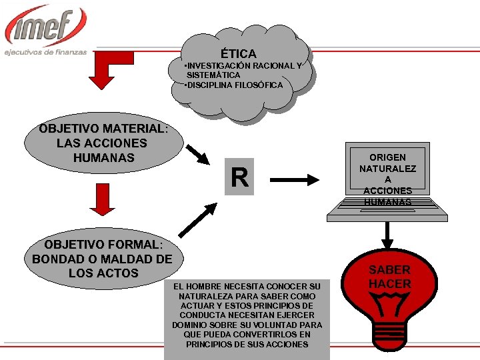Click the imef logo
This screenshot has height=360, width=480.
click(45, 26)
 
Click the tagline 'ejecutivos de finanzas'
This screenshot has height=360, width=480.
click(45, 52)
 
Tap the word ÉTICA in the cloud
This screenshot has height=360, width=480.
click(238, 53)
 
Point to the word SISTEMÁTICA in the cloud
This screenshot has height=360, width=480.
click(213, 75)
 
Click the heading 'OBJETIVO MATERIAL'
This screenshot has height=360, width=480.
click(102, 128)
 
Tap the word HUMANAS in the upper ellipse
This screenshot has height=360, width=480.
click(104, 158)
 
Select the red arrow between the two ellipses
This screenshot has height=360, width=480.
click(102, 200)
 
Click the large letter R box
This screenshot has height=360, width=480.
click(239, 178)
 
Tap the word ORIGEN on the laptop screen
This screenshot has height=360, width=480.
click(387, 157)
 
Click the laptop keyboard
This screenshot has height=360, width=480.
click(387, 212)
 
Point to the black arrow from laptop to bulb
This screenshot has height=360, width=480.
click(387, 236)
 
